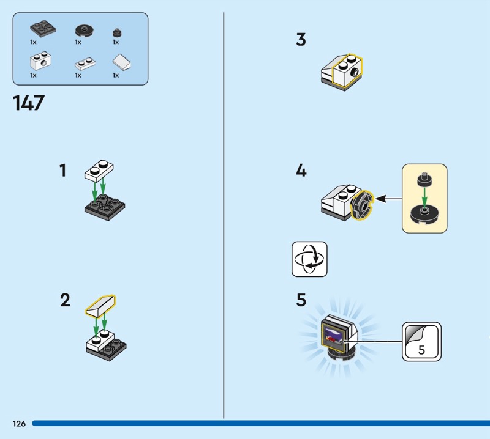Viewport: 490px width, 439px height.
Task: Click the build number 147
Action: [29, 102]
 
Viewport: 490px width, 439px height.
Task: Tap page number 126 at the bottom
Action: [18, 424]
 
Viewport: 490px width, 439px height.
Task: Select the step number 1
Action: [62, 171]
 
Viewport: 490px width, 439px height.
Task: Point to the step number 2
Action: [65, 300]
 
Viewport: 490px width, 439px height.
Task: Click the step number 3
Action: [301, 40]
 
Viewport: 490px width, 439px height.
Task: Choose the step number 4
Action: [301, 171]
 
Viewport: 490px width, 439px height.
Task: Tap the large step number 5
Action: [301, 300]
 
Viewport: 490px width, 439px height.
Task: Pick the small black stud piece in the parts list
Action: [116, 32]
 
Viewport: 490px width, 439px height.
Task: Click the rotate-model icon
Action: [309, 259]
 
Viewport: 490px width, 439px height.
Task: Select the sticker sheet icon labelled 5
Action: [421, 341]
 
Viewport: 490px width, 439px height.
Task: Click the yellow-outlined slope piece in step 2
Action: [102, 305]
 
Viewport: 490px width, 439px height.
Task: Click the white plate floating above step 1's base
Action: [99, 169]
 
